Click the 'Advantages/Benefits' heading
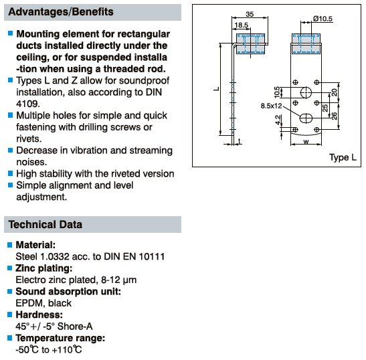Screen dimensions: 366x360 61,12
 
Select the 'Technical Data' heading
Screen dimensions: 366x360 45,224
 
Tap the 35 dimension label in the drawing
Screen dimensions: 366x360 250,14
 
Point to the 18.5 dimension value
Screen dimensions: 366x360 242,25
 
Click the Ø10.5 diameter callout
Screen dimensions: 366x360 323,19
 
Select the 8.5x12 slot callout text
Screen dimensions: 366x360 271,106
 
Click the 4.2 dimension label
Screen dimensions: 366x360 278,120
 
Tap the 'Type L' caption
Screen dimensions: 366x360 343,157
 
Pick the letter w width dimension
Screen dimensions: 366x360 306,141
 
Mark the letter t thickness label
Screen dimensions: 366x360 240,141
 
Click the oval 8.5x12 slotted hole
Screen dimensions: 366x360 306,118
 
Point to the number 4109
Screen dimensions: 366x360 28,104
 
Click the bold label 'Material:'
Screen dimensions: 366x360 35,245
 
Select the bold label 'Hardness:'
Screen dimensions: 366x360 39,314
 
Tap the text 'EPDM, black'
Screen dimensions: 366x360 43,303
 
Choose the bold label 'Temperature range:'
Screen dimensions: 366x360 60,338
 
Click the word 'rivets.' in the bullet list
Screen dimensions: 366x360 29,139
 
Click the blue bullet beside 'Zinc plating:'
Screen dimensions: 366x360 9,268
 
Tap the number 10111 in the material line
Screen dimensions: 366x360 152,256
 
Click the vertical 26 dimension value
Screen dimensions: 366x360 335,116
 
